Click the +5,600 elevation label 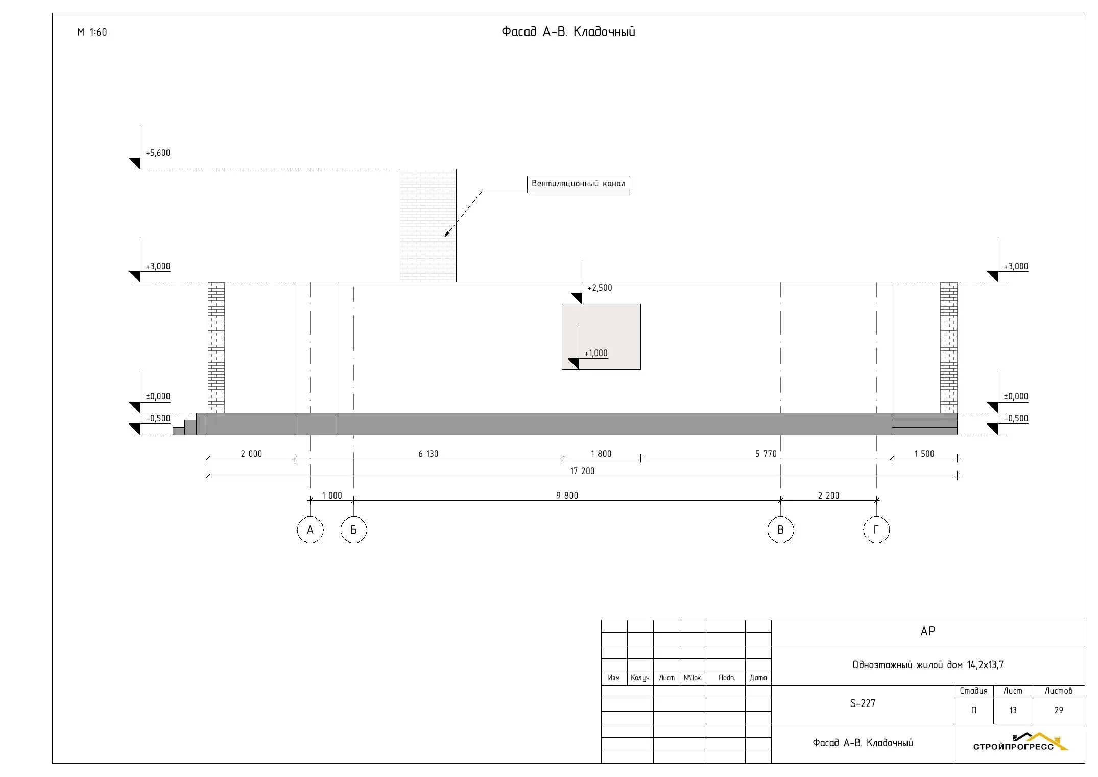158,153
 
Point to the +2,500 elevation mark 600,288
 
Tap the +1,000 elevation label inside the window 596,353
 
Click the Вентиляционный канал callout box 578,184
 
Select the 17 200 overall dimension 582,471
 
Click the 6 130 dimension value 428,454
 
